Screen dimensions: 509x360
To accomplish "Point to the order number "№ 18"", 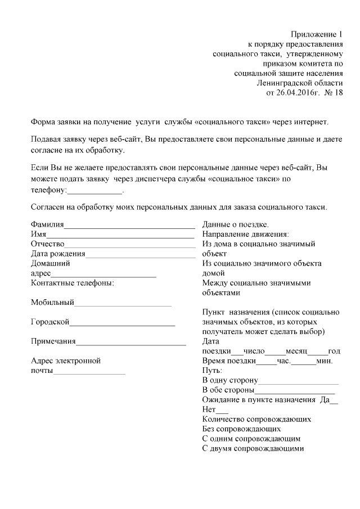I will (x=334, y=92).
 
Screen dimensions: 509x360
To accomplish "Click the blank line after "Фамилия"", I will (x=129, y=227).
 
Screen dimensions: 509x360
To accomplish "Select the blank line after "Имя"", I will (x=120, y=236).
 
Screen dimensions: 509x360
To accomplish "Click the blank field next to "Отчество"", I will (x=129, y=246).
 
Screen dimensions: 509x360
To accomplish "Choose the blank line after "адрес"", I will (x=104, y=275).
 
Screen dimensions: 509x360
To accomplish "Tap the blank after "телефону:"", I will (x=94, y=192).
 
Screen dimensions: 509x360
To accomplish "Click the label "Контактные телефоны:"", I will (x=73, y=283).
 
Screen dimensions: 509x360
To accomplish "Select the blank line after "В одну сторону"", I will (x=298, y=382).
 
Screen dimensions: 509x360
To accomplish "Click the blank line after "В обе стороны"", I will (x=295, y=391).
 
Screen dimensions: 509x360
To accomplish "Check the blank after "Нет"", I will (x=222, y=411).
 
